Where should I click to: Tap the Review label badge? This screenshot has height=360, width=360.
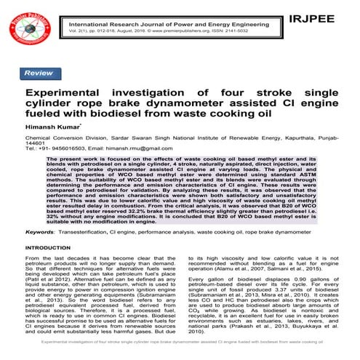click(x=38, y=73)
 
